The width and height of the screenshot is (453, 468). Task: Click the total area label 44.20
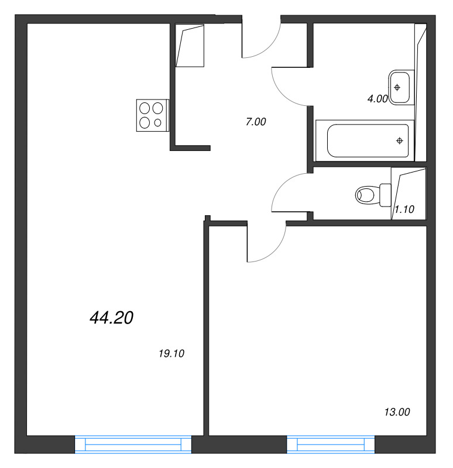click(x=111, y=318)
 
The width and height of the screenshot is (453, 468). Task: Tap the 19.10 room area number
click(x=171, y=354)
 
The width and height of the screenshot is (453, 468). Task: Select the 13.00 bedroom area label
click(x=397, y=412)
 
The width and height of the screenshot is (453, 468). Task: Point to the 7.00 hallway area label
click(x=256, y=122)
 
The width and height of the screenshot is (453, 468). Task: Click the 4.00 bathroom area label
click(x=377, y=99)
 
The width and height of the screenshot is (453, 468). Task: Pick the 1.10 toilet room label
click(x=404, y=209)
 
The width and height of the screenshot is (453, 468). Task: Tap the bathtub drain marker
click(x=400, y=140)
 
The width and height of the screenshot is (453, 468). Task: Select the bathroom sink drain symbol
click(x=397, y=87)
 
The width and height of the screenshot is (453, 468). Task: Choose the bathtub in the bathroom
click(x=365, y=140)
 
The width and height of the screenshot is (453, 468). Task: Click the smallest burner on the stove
click(x=157, y=123)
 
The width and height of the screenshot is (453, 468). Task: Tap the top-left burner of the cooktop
click(x=145, y=108)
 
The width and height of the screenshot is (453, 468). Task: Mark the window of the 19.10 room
click(x=133, y=445)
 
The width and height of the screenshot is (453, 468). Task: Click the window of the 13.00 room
click(x=331, y=445)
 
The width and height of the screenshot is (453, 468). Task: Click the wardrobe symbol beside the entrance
click(x=190, y=46)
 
